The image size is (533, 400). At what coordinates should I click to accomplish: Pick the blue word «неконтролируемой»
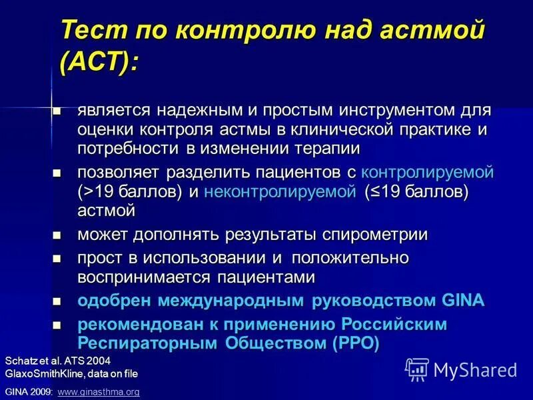pyautogui.click(x=280, y=191)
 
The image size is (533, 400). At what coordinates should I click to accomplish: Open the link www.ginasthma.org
pyautogui.click(x=99, y=392)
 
